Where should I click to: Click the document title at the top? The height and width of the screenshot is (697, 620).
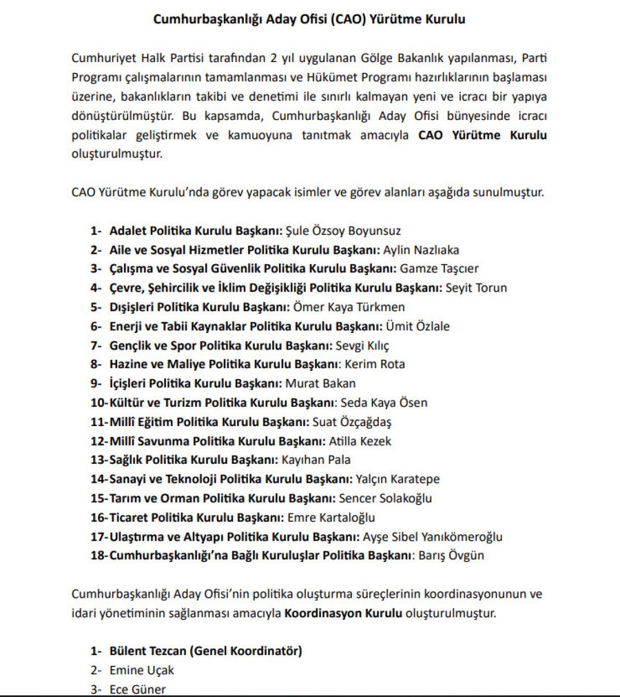(x=309, y=20)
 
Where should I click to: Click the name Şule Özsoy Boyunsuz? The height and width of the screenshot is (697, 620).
(x=343, y=231)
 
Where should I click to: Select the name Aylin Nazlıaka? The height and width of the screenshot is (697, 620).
(x=421, y=250)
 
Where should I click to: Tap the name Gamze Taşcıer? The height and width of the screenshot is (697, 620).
(x=439, y=269)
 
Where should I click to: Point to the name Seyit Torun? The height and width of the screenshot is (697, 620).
(x=476, y=288)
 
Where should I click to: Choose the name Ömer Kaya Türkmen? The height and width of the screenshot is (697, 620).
(x=349, y=307)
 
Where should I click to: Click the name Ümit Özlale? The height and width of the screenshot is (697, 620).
(x=417, y=326)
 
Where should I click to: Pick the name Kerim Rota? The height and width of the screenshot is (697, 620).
(x=375, y=365)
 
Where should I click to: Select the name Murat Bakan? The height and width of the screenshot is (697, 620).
(x=320, y=384)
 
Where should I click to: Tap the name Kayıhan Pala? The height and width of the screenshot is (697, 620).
(x=316, y=460)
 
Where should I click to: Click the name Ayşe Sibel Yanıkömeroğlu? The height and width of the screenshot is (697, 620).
(x=432, y=537)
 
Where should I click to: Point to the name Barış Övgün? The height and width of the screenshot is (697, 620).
(x=451, y=556)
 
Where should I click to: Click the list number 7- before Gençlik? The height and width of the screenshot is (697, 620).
(x=96, y=345)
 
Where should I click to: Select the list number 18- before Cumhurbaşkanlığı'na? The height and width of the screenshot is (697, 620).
(x=99, y=556)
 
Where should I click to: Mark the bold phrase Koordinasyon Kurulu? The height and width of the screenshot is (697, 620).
(x=343, y=614)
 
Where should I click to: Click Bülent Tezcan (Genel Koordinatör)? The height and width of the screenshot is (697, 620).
(x=206, y=651)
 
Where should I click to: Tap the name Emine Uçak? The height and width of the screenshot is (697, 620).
(x=142, y=671)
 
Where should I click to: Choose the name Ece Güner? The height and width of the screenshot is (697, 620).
(x=137, y=690)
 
